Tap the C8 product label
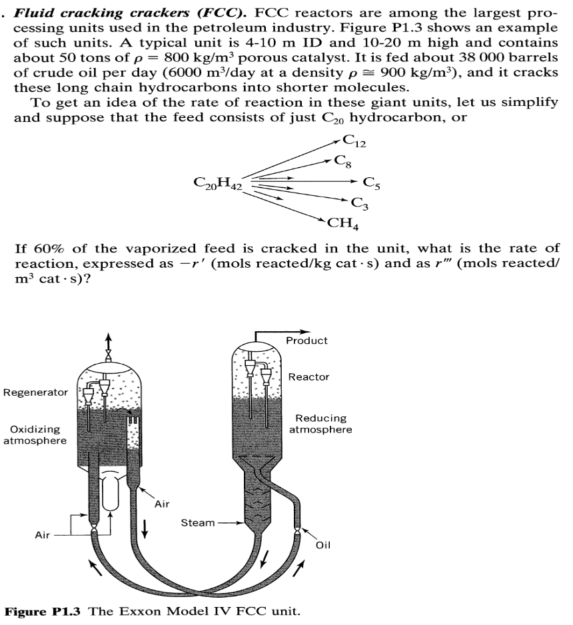coord(341,161)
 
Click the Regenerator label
coord(35,392)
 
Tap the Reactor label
coord(308,377)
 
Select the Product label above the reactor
coord(306,340)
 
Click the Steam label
coord(198,522)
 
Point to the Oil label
coord(323,544)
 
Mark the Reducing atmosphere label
coord(321,424)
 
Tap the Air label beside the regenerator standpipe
coord(162,504)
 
